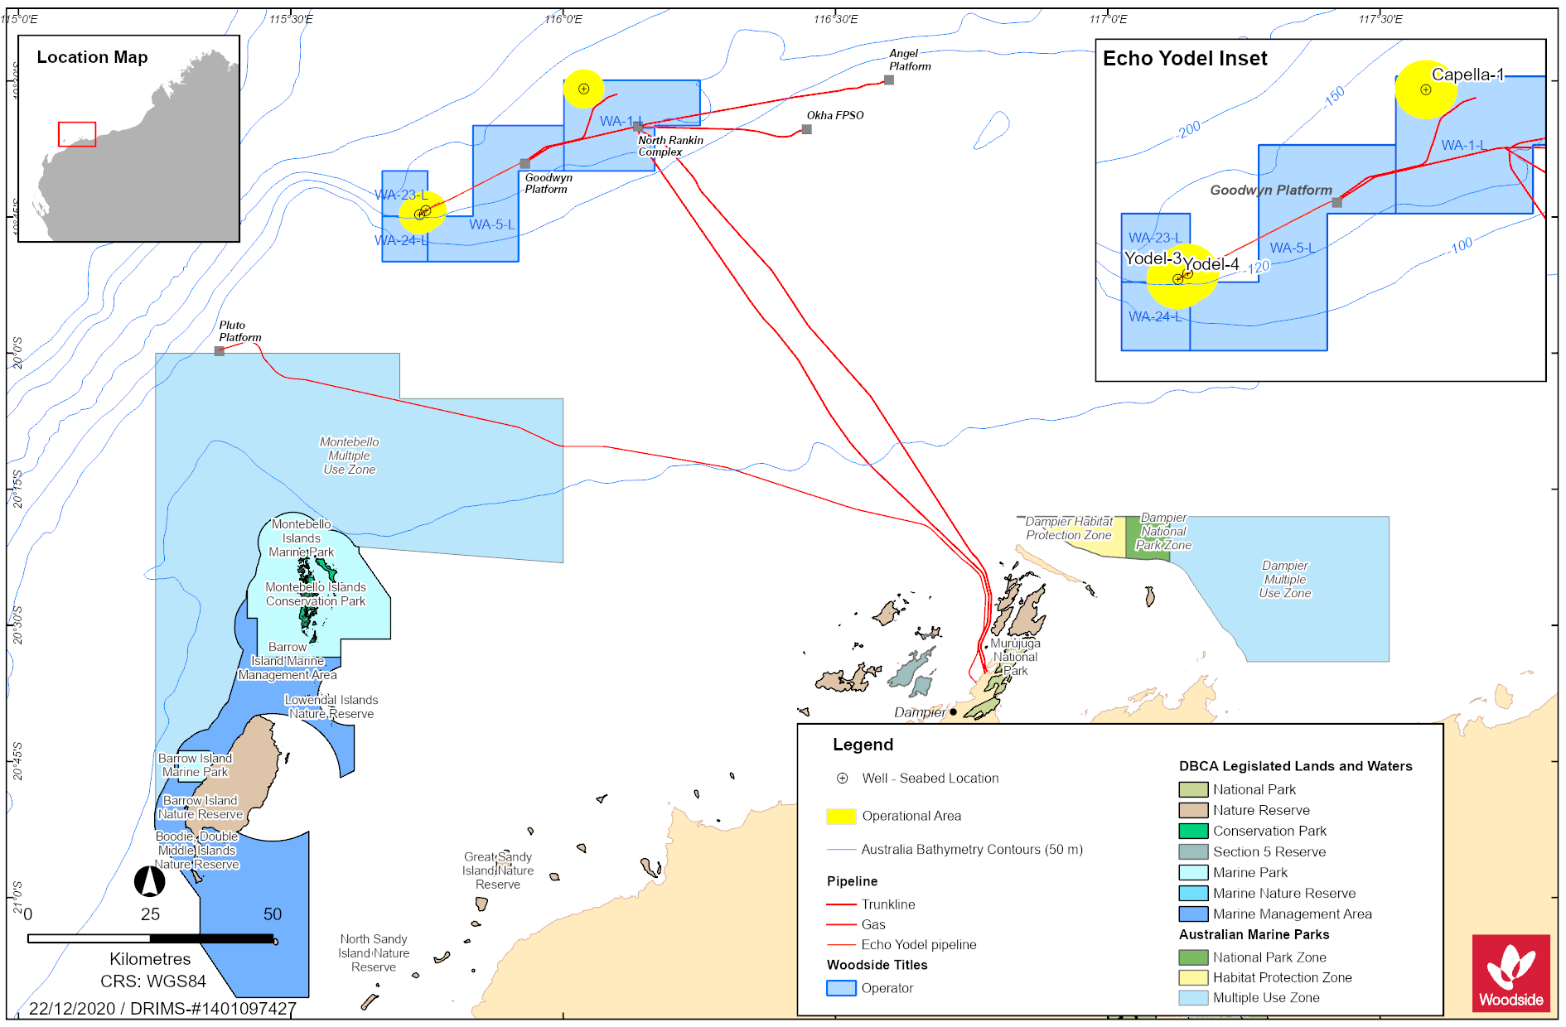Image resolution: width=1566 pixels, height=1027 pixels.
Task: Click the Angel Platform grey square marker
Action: point(888,80)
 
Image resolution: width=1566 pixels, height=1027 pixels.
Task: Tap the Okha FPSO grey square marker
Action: point(806,129)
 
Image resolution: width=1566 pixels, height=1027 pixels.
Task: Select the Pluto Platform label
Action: point(239,331)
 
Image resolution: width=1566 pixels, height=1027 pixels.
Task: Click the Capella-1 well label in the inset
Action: point(1467,75)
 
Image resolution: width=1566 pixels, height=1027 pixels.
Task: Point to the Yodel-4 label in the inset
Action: point(1211,264)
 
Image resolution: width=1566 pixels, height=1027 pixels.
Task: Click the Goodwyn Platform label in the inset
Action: point(1270,190)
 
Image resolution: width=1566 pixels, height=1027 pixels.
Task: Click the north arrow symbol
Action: point(150,881)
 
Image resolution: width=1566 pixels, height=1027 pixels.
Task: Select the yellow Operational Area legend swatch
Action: point(841,816)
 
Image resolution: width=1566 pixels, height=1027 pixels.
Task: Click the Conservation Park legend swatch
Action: point(1193,831)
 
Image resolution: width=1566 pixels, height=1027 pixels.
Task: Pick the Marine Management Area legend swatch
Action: point(1193,914)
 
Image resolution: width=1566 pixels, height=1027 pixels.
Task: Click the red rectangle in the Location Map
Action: point(77,134)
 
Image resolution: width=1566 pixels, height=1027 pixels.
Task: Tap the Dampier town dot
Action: point(953,711)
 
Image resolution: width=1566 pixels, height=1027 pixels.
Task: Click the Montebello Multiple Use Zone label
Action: point(350,456)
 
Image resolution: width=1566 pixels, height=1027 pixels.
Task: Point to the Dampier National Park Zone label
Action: point(1163,532)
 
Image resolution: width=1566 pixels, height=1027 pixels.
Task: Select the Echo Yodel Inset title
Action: point(1185,59)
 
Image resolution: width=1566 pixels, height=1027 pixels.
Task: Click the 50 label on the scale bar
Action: point(273,914)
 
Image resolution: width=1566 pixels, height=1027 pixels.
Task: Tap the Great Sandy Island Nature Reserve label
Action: point(498,870)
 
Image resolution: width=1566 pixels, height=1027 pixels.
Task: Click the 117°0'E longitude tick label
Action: point(1108,19)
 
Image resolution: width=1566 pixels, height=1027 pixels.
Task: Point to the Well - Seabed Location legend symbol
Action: point(842,779)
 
